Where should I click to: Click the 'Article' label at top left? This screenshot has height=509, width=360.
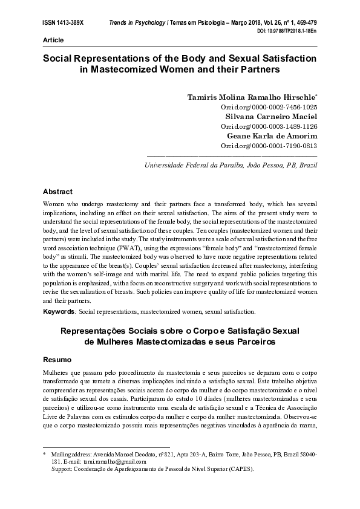(53, 39)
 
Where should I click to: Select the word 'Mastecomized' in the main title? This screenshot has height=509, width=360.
(124, 70)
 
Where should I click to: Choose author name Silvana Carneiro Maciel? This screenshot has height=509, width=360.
(269, 116)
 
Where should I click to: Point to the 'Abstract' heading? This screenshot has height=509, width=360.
(57, 192)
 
